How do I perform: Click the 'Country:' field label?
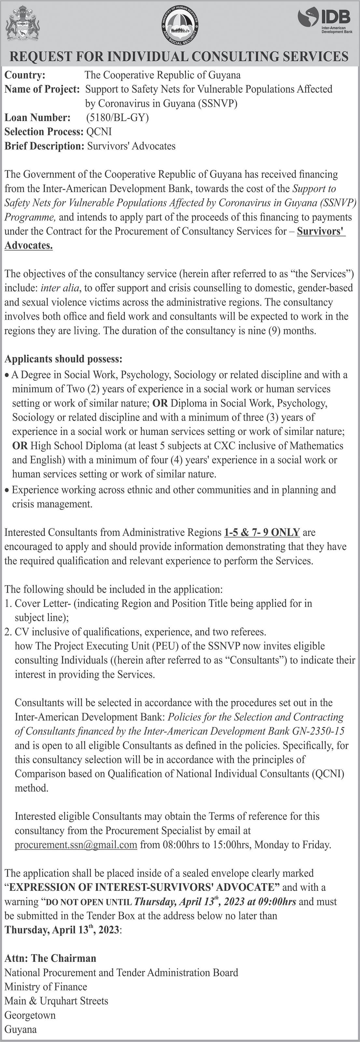(25, 75)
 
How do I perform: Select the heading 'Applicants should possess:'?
(63, 359)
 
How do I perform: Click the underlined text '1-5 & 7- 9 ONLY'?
(262, 532)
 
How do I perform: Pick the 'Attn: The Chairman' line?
(50, 958)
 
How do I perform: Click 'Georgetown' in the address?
(30, 1015)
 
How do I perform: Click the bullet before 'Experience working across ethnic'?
(7, 490)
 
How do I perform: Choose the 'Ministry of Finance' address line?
(46, 987)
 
